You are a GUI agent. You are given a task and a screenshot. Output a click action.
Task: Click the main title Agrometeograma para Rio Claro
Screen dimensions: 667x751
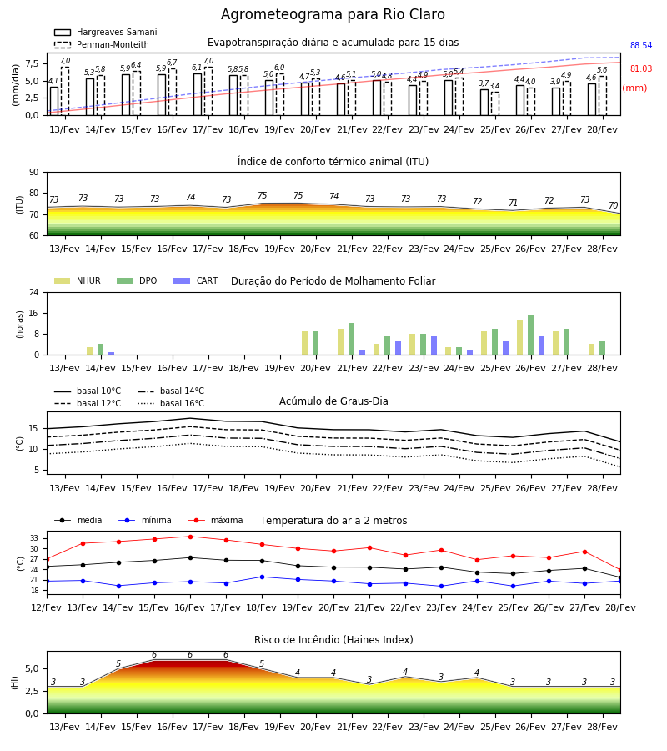pyautogui.click(x=333, y=14)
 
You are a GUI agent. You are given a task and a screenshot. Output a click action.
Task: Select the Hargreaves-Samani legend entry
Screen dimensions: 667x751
pyautogui.click(x=105, y=32)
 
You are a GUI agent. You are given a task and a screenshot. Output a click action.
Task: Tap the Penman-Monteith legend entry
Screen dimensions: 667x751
pyautogui.click(x=102, y=44)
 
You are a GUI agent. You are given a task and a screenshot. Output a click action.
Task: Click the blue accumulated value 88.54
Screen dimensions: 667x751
pyautogui.click(x=641, y=46)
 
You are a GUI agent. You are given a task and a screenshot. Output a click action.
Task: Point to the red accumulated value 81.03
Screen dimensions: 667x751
pyautogui.click(x=641, y=68)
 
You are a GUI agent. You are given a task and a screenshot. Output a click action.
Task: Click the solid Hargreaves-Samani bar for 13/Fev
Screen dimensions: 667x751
pyautogui.click(x=54, y=101)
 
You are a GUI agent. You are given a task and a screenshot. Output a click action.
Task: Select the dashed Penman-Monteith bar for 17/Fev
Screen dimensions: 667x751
pyautogui.click(x=208, y=91)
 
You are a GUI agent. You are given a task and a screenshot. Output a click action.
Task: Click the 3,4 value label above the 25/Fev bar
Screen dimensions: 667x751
pyautogui.click(x=494, y=86)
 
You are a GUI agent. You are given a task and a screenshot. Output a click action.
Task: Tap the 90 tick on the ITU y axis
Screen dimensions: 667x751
pyautogui.click(x=34, y=173)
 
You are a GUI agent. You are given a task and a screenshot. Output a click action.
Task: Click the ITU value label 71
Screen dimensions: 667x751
pyautogui.click(x=513, y=203)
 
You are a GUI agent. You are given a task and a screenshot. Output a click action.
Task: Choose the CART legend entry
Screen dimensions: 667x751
pyautogui.click(x=196, y=280)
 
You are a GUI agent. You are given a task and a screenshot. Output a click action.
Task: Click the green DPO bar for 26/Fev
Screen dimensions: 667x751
pyautogui.click(x=530, y=335)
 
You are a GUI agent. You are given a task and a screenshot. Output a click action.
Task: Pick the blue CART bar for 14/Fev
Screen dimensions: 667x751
pyautogui.click(x=112, y=354)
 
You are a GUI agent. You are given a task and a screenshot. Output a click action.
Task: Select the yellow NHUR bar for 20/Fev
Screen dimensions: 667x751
pyautogui.click(x=305, y=343)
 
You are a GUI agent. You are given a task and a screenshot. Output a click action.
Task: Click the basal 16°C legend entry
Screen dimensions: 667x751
pyautogui.click(x=171, y=403)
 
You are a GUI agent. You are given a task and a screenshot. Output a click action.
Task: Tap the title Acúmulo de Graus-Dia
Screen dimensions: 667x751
pyautogui.click(x=333, y=401)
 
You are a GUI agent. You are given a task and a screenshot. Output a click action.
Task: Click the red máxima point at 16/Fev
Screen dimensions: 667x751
pyautogui.click(x=190, y=537)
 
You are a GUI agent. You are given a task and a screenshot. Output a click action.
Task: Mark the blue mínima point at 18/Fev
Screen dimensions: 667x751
pyautogui.click(x=262, y=577)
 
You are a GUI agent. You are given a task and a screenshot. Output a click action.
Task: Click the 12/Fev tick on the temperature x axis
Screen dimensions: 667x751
pyautogui.click(x=47, y=607)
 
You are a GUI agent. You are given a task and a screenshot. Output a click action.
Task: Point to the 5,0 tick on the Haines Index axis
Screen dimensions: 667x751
pyautogui.click(x=32, y=668)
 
